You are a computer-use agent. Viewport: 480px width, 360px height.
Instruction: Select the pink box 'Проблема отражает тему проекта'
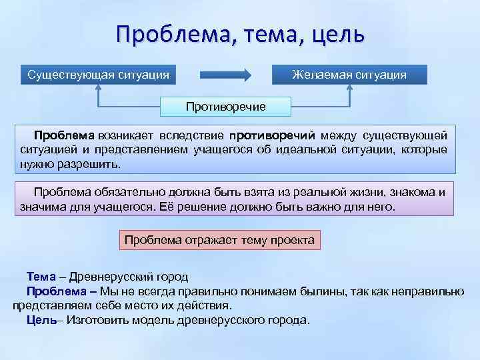220,239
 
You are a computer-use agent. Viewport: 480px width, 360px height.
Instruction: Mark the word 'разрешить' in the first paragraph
96,163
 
